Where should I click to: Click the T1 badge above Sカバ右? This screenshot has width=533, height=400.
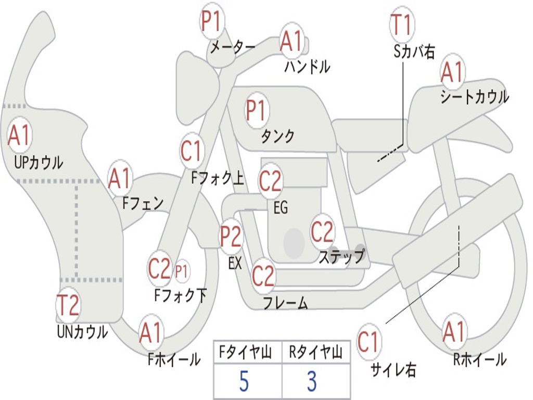point(402,24)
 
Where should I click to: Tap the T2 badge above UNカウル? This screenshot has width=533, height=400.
point(68,305)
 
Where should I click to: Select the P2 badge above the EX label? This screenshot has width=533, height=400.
point(231,236)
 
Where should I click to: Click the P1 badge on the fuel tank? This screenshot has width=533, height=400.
point(257,110)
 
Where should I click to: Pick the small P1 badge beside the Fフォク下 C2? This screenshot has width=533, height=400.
point(182,271)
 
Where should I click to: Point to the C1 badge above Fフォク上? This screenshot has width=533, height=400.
point(191,151)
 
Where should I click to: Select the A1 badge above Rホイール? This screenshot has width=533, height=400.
point(454,332)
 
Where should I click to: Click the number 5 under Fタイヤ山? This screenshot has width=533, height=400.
point(244,381)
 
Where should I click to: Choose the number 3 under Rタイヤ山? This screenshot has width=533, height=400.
point(312,381)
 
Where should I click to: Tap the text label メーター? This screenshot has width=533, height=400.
point(233,47)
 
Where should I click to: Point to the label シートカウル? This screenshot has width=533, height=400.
point(475,96)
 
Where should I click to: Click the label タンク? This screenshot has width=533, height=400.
point(277,136)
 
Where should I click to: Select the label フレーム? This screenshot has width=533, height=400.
point(286,303)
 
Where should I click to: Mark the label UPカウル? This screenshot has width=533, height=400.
point(39,162)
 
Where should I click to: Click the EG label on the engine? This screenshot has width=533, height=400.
point(281,207)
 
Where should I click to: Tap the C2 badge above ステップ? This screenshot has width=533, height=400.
point(322,231)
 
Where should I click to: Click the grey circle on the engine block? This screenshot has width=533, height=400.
point(294,243)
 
